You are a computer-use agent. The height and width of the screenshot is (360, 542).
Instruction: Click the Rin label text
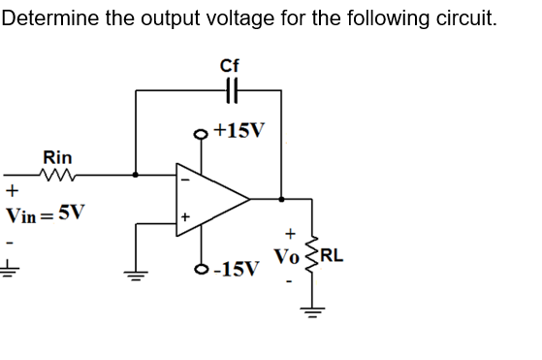click(56, 156)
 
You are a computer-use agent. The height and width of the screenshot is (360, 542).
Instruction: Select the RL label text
click(331, 257)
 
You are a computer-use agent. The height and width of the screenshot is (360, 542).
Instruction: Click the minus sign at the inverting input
click(181, 179)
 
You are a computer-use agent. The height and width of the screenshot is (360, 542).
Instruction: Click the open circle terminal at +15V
click(202, 134)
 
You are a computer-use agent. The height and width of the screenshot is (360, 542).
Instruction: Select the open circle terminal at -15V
click(202, 268)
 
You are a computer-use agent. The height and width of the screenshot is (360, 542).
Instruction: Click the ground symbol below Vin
click(11, 271)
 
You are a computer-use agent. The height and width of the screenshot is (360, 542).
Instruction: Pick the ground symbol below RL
click(310, 316)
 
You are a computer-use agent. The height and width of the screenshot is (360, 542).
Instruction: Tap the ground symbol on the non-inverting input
click(135, 273)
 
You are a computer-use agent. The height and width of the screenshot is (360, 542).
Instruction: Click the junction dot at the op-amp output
click(281, 200)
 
